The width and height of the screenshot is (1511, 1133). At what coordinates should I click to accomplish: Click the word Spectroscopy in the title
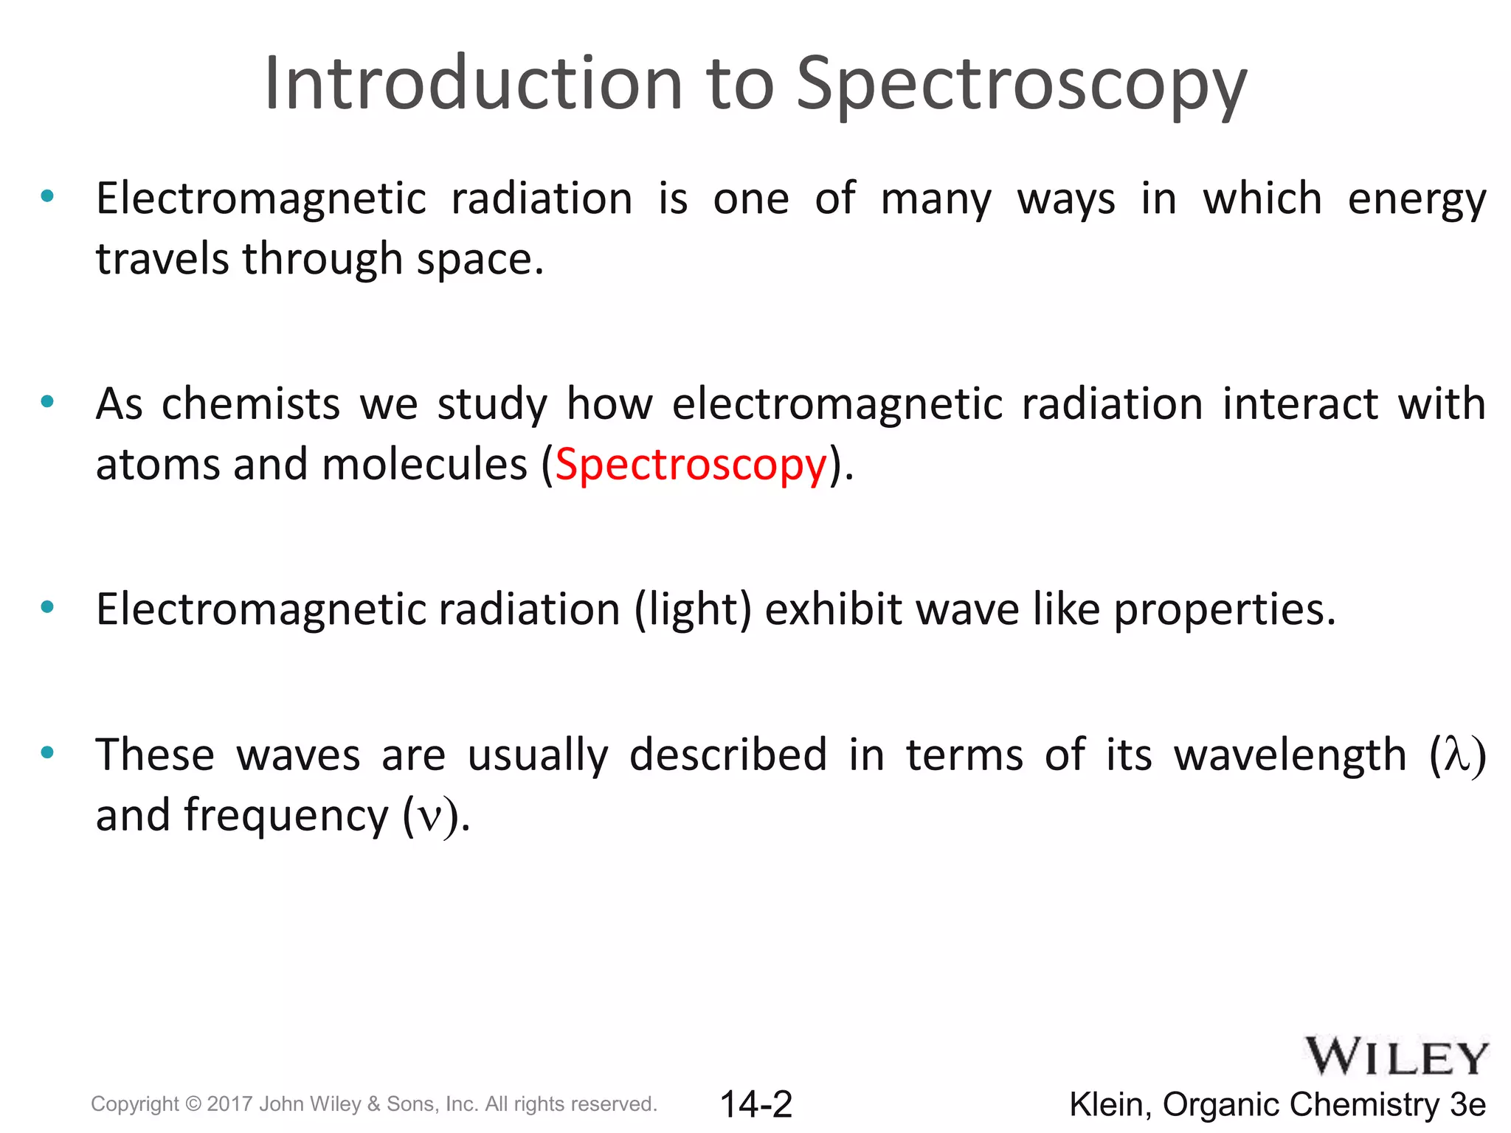coord(1021,85)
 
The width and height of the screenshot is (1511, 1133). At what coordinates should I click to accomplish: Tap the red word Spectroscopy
coord(691,465)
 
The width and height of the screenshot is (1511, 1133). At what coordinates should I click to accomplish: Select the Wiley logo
coord(1397,1058)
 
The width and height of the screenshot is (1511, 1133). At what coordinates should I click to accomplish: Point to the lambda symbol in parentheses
coord(1457,755)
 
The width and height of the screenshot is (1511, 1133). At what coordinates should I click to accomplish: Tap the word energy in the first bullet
coord(1416,201)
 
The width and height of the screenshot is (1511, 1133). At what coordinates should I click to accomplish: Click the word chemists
coord(251,404)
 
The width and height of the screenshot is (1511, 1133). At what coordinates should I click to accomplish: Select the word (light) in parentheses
coord(693,610)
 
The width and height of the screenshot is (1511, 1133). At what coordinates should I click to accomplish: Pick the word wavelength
coord(1290,755)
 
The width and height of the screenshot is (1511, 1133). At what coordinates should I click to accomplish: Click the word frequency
coord(286,816)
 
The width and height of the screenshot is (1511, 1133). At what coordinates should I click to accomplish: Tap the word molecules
coord(424,465)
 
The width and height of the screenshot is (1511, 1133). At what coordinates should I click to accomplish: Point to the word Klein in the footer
coord(1110,1105)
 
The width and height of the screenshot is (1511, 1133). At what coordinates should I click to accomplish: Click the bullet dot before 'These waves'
coord(48,753)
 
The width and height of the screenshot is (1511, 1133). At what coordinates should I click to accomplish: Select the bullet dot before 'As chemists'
coord(48,402)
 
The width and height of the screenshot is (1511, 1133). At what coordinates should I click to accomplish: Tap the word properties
coord(1224,610)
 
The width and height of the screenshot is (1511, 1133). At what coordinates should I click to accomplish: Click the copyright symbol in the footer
coord(193,1104)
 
